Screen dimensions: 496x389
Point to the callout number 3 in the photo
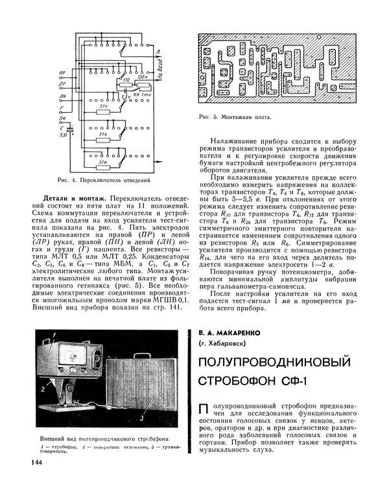[141, 420]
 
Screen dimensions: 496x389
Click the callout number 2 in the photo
[41, 390]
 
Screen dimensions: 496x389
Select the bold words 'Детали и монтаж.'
[73, 196]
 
